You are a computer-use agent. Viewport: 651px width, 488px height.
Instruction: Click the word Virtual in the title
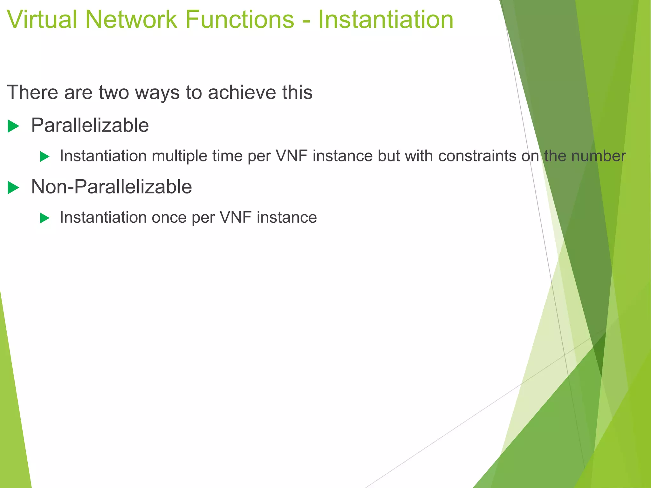pos(41,20)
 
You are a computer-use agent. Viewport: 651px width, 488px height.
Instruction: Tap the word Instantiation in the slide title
pos(386,20)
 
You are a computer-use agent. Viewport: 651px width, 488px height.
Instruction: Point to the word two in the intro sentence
pos(113,92)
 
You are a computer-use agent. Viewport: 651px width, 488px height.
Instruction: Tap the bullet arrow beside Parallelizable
pos(14,126)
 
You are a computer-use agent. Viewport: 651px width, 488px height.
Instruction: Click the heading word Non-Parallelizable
pos(111,186)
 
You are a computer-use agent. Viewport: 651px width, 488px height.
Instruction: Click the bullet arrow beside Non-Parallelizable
pos(14,187)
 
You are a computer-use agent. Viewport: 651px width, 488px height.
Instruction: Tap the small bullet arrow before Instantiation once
pos(45,218)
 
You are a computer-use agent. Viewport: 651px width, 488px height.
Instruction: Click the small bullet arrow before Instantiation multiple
pos(45,157)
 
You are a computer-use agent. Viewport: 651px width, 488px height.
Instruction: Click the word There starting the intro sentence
pos(32,92)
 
